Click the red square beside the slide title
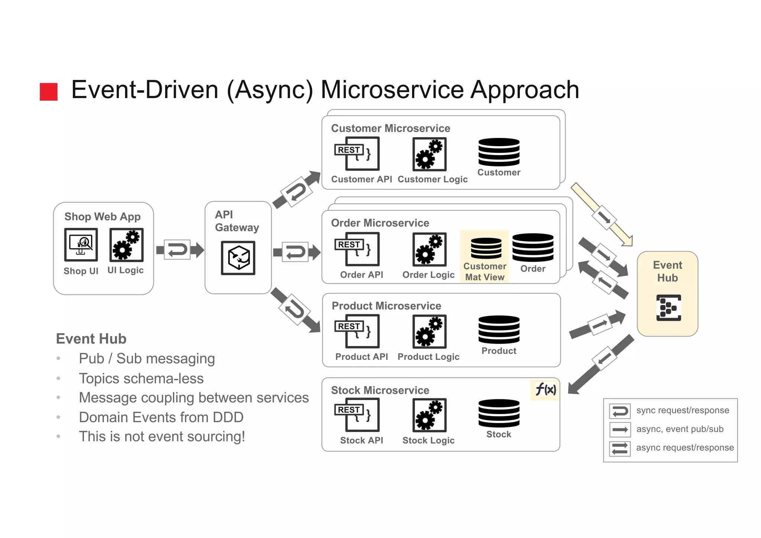click(x=49, y=91)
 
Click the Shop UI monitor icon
click(x=81, y=245)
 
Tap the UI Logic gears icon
click(x=126, y=245)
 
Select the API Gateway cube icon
click(x=238, y=258)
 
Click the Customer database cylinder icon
click(x=499, y=152)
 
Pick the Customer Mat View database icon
click(x=486, y=248)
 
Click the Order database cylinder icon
click(x=532, y=247)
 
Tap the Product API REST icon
click(x=357, y=331)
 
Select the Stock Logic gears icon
click(x=429, y=415)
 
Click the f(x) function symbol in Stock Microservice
click(x=545, y=390)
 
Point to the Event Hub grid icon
click(x=668, y=307)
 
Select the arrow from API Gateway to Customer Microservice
click(x=296, y=190)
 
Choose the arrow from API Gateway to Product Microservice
click(x=295, y=310)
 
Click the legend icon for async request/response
click(x=620, y=448)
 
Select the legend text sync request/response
click(x=683, y=410)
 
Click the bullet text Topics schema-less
click(x=141, y=378)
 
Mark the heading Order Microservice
click(x=380, y=223)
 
